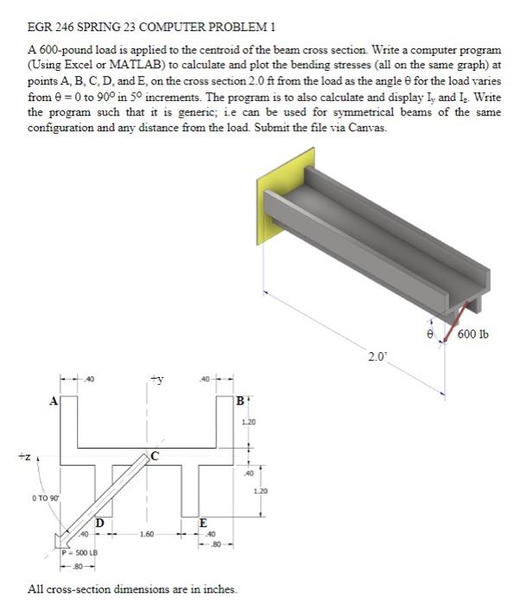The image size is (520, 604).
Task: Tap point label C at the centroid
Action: click(155, 456)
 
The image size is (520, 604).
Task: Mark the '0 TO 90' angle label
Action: click(42, 497)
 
